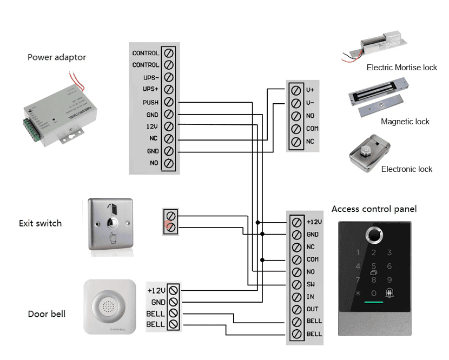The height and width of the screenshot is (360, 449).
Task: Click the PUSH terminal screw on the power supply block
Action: click(x=168, y=102)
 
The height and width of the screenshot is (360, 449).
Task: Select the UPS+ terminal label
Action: click(x=150, y=89)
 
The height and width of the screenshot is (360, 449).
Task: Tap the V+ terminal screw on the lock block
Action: click(x=296, y=90)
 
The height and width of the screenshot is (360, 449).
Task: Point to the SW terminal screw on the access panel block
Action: click(x=296, y=284)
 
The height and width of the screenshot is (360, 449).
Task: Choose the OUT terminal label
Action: click(x=312, y=309)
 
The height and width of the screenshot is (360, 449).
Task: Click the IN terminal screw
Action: click(x=296, y=297)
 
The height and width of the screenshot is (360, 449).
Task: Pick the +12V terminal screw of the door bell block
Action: click(x=173, y=290)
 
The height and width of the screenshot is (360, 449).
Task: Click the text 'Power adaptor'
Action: click(x=57, y=57)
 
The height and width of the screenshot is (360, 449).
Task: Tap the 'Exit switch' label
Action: click(x=41, y=223)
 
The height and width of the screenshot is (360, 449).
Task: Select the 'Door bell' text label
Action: click(x=47, y=314)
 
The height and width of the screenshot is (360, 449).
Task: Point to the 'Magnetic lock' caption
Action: click(x=405, y=122)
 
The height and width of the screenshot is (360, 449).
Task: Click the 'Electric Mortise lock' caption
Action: click(x=402, y=68)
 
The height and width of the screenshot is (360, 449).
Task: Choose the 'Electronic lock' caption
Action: click(x=407, y=169)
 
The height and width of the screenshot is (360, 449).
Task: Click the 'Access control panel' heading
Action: click(x=374, y=209)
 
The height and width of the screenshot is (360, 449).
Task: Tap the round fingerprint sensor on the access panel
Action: click(x=374, y=235)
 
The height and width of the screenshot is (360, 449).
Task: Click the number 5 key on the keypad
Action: click(x=374, y=266)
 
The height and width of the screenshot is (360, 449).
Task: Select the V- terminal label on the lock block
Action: click(x=311, y=103)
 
